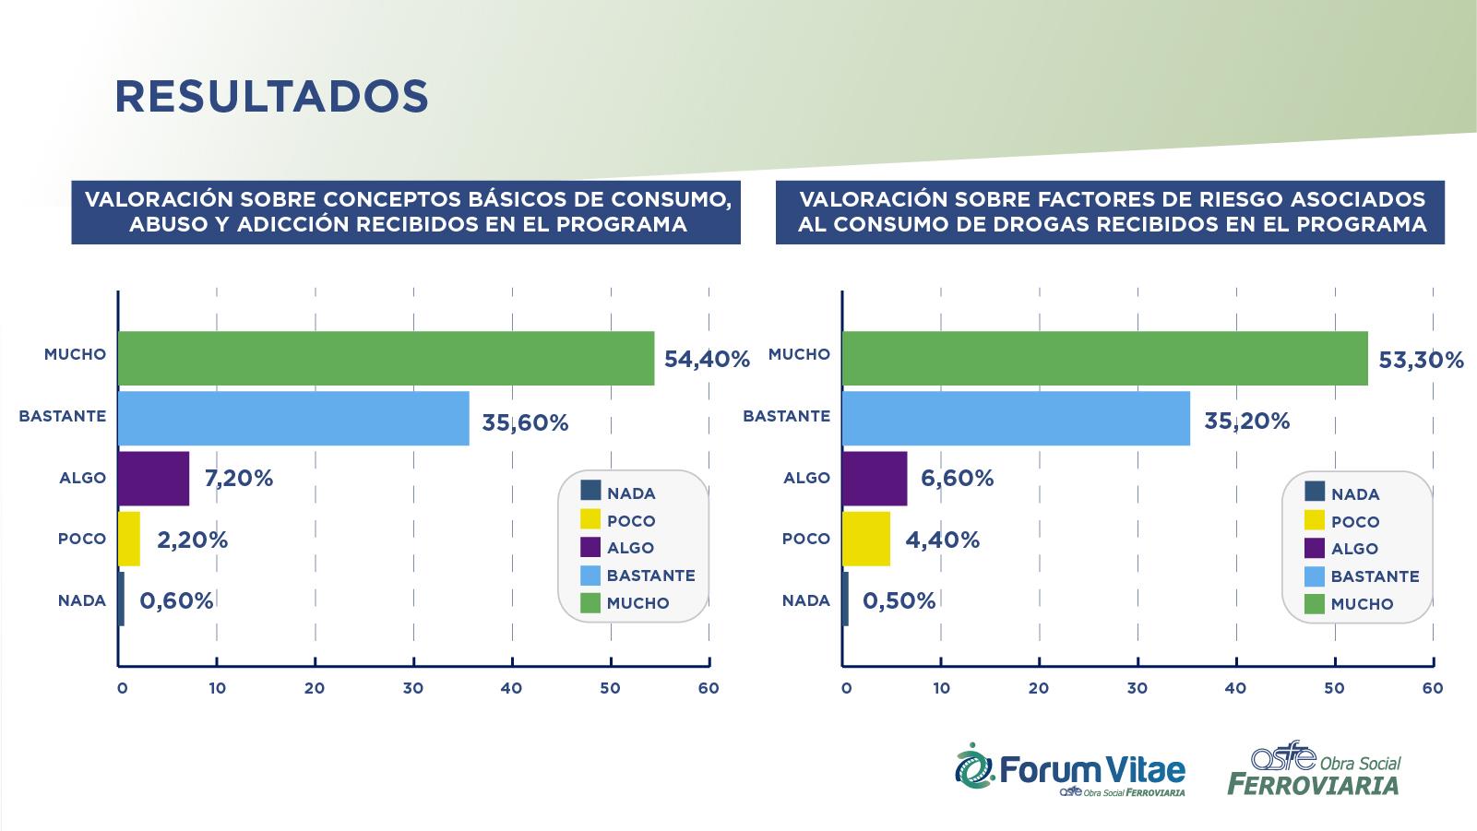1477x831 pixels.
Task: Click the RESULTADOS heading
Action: tap(271, 96)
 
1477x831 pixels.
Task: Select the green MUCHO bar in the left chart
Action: tap(386, 358)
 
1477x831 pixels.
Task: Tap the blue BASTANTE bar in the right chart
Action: tap(1016, 419)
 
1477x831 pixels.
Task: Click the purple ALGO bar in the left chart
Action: tap(153, 478)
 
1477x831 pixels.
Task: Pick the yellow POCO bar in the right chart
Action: tap(866, 539)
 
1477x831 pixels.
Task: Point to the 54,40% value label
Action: tap(707, 360)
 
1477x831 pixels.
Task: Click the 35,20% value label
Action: tap(1246, 421)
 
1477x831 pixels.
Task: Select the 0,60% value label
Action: tap(176, 601)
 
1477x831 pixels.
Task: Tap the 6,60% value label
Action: tap(957, 479)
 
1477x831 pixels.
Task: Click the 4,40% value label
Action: tap(942, 540)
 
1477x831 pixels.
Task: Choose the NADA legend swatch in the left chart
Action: tap(590, 492)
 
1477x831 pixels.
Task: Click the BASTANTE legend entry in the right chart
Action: tap(1375, 576)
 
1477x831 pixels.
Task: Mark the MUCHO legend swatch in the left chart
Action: tap(590, 603)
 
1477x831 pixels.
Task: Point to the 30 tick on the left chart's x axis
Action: tap(412, 688)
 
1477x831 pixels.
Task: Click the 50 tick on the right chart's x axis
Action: tap(1333, 688)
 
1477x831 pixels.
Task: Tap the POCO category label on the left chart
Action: tap(82, 539)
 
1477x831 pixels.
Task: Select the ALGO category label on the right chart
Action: tap(806, 478)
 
